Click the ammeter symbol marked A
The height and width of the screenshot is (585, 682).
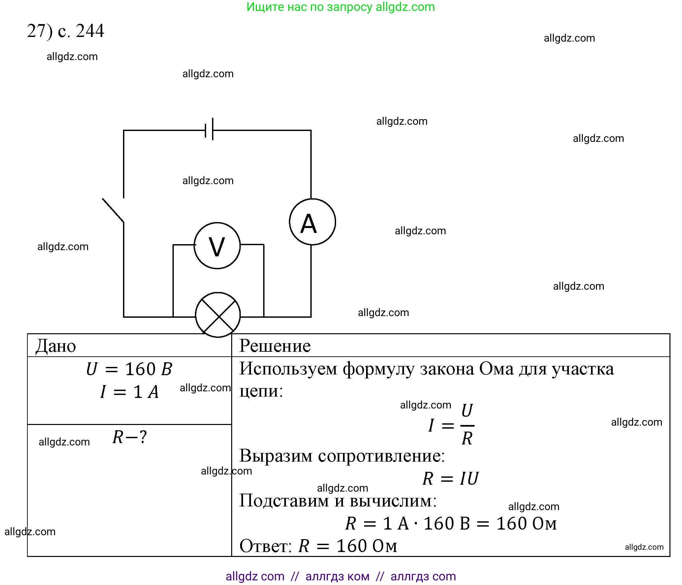[312, 222]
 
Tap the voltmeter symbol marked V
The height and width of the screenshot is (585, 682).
[217, 246]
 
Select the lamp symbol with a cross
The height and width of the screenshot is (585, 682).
[218, 315]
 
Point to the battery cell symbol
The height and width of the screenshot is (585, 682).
[209, 129]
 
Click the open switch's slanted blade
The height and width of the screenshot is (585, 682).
[113, 210]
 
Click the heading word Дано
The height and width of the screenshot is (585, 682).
[56, 346]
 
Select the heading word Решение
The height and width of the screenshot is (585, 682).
[275, 346]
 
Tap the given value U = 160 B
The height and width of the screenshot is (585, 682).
[129, 369]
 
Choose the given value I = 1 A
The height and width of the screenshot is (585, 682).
[130, 392]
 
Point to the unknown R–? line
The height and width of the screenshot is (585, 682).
[130, 437]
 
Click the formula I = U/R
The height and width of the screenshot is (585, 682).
[451, 425]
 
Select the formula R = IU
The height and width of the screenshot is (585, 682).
[450, 478]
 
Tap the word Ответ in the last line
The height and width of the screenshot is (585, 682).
[265, 546]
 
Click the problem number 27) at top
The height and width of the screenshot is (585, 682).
[40, 31]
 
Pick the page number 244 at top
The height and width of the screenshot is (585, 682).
[90, 31]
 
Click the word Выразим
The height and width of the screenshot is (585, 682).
[276, 456]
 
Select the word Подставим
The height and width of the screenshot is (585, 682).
[284, 501]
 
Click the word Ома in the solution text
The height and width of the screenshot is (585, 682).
[496, 369]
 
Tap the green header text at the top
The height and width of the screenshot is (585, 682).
[341, 7]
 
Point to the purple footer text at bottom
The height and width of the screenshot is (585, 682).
[341, 576]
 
